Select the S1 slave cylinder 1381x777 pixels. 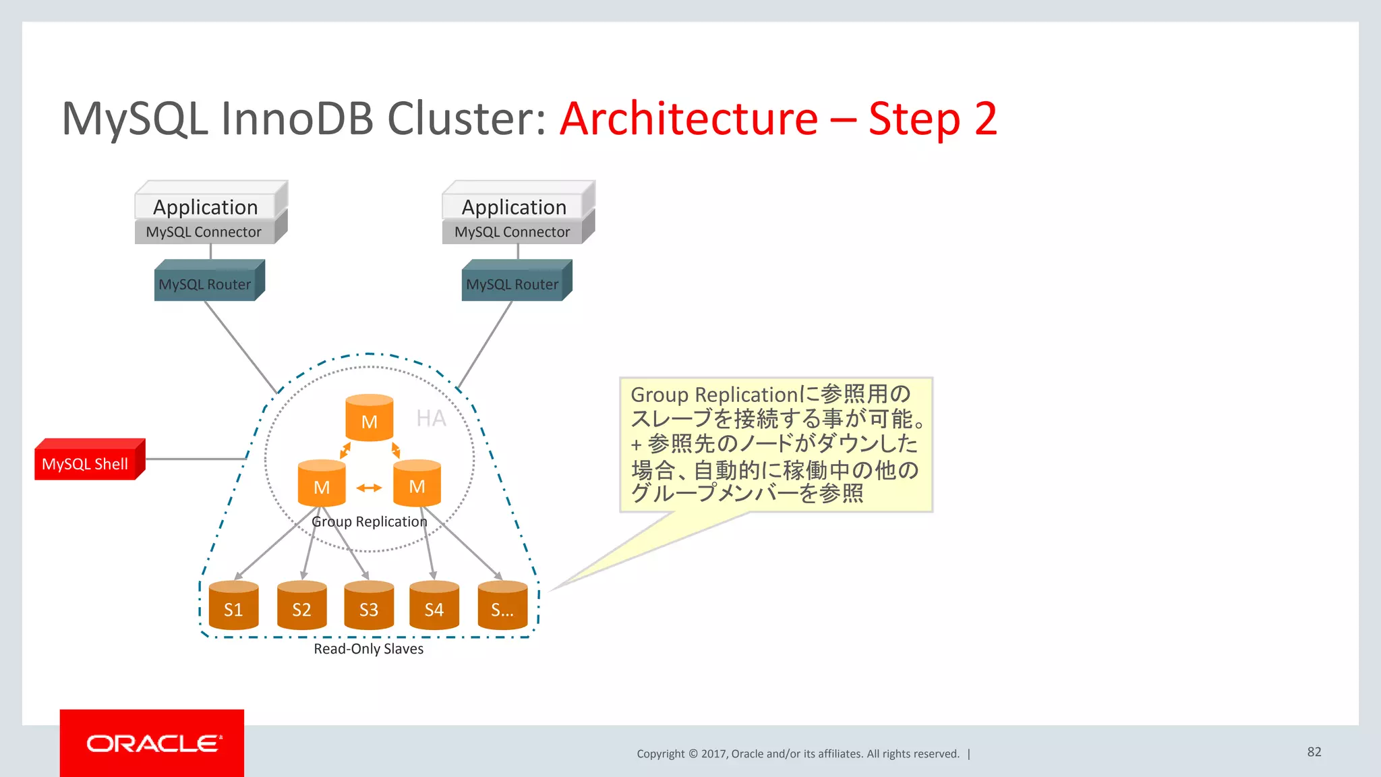pyautogui.click(x=233, y=606)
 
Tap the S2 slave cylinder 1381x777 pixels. pyautogui.click(x=301, y=606)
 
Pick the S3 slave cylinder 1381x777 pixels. pyautogui.click(x=368, y=606)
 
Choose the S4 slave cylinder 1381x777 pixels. pyautogui.click(x=434, y=606)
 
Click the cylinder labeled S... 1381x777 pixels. pyautogui.click(x=502, y=606)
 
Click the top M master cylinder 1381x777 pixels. pyautogui.click(x=369, y=418)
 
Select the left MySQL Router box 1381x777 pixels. pyautogui.click(x=206, y=283)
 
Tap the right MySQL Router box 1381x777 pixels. pyautogui.click(x=514, y=283)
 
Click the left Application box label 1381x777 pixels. pyautogui.click(x=206, y=206)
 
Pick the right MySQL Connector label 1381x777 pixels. pyautogui.click(x=512, y=232)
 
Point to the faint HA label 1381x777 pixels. pyautogui.click(x=431, y=418)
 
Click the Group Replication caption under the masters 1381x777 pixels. pyautogui.click(x=369, y=521)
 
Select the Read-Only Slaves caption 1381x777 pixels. pyautogui.click(x=368, y=649)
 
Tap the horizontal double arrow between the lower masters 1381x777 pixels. pyautogui.click(x=369, y=488)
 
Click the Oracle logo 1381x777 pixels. pyautogui.click(x=152, y=743)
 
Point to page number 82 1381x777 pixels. pyautogui.click(x=1314, y=751)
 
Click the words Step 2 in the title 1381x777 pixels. pyautogui.click(x=933, y=119)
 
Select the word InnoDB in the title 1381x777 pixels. pyautogui.click(x=297, y=119)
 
